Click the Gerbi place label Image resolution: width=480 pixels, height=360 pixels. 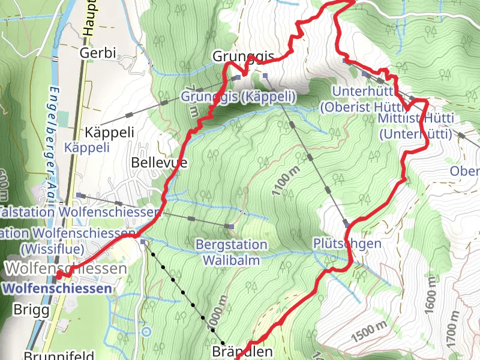pyautogui.click(x=97, y=53)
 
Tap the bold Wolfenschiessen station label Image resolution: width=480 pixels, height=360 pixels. pyautogui.click(x=57, y=289)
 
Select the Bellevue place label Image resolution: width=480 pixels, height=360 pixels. pyautogui.click(x=159, y=163)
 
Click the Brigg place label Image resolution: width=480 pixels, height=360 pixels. pyautogui.click(x=28, y=310)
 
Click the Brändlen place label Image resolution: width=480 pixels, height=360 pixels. pyautogui.click(x=242, y=352)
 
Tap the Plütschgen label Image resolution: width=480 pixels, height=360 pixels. pyautogui.click(x=347, y=243)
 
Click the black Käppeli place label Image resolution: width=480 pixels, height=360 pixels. pyautogui.click(x=109, y=132)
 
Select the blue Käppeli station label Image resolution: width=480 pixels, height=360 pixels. pyautogui.click(x=87, y=147)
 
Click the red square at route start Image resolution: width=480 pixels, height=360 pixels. pyautogui.click(x=59, y=275)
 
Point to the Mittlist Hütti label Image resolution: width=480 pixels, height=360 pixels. pyautogui.click(x=416, y=118)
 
